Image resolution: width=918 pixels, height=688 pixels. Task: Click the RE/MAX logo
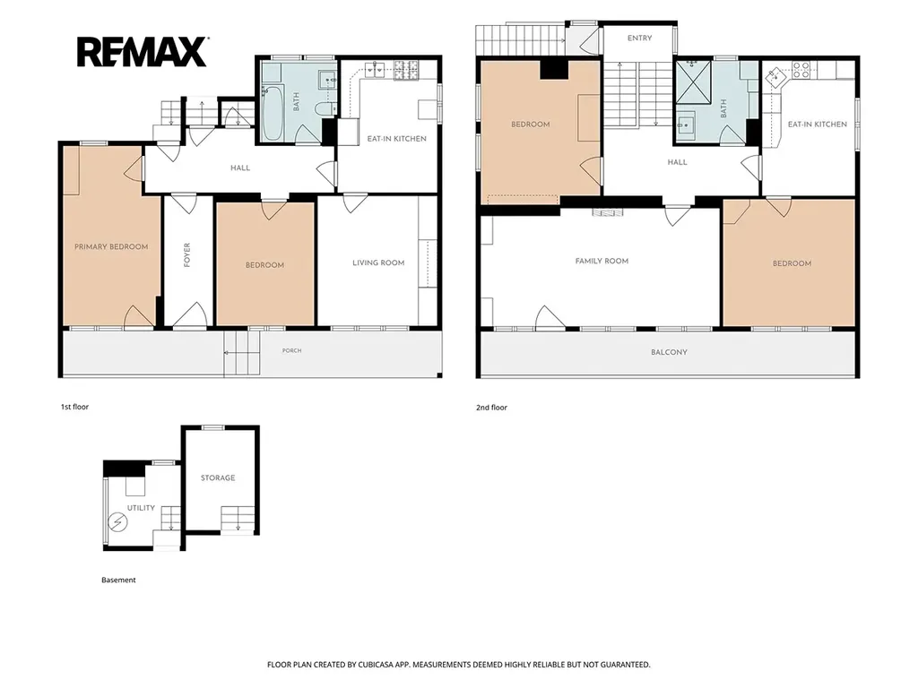(143, 51)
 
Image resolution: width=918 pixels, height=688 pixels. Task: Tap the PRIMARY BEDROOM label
(111, 247)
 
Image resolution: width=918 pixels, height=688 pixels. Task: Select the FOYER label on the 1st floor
(187, 255)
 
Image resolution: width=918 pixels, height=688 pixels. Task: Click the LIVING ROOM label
(378, 262)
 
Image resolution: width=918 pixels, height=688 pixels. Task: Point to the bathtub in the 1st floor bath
(273, 114)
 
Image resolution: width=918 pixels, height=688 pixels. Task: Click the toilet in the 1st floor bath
(324, 108)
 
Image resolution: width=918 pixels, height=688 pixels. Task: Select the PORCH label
(291, 351)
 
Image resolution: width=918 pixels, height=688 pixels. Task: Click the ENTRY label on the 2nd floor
(639, 38)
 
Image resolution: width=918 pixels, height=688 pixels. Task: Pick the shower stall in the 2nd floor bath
(693, 82)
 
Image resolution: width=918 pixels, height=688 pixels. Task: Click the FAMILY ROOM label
(602, 261)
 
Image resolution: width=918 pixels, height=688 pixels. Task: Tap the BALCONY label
(669, 352)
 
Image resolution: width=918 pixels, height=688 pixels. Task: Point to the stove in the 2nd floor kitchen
(801, 70)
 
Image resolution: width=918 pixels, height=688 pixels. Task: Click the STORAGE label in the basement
(218, 478)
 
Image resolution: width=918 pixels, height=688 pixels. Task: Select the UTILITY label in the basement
(141, 508)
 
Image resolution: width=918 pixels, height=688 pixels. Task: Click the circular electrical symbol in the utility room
(117, 521)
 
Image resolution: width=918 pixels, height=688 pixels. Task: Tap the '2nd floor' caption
(492, 408)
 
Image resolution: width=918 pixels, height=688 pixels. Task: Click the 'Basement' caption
(118, 580)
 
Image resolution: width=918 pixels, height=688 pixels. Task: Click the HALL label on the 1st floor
(240, 168)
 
